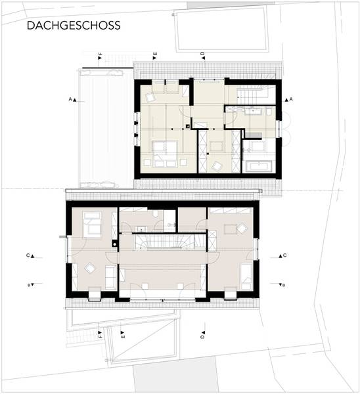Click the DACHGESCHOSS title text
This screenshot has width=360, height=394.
[74, 26]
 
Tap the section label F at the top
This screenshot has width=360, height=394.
[101, 54]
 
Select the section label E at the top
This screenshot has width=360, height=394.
[155, 54]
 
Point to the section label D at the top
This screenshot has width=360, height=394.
[202, 54]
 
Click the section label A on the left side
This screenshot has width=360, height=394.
[70, 99]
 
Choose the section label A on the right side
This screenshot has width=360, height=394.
[291, 99]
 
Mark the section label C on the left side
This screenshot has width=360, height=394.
[28, 255]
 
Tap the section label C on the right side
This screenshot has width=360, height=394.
[284, 255]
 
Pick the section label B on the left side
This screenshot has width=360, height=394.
[29, 285]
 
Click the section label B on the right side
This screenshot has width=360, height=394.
[284, 285]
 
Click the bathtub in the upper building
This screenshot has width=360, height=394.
[259, 166]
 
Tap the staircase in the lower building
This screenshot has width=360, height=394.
[164, 242]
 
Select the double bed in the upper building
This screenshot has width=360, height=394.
[165, 154]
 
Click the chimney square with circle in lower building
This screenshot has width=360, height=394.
[115, 244]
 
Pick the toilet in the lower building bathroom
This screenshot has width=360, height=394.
[155, 214]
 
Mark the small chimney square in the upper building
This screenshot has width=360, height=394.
[187, 126]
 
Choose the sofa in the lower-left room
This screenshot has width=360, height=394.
[110, 277]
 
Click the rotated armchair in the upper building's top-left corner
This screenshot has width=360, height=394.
[150, 97]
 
